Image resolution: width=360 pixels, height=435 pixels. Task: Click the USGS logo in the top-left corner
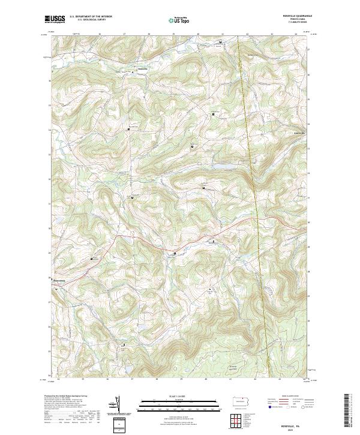[x=55, y=20]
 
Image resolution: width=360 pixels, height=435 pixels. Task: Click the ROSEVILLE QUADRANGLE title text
[x=294, y=16]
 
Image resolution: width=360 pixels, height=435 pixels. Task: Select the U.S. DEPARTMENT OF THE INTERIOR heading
[x=91, y=17]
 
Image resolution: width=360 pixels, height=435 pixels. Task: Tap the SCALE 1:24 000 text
[x=179, y=395]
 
